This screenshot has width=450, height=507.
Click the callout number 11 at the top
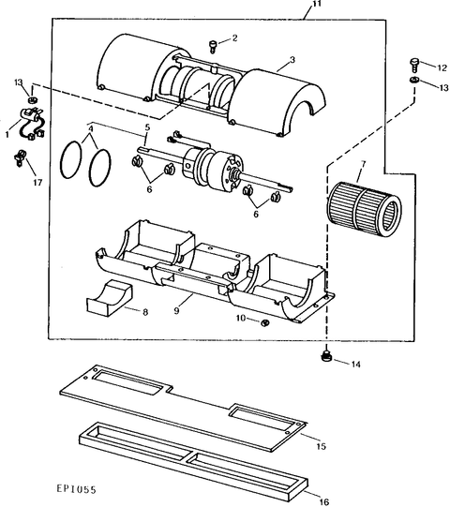[317, 4]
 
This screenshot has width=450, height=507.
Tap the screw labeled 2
[213, 46]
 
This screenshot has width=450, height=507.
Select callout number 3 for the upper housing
[292, 60]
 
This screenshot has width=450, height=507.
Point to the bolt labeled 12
[414, 65]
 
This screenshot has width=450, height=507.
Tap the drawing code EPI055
[76, 489]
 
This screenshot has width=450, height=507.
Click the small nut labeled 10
[265, 322]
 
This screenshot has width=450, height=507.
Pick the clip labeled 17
[20, 157]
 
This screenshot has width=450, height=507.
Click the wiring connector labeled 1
[32, 123]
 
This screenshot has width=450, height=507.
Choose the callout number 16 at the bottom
[323, 501]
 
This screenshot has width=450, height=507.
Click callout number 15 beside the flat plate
[321, 446]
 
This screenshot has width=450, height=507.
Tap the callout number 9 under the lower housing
[176, 310]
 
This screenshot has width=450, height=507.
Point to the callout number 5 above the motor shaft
[147, 127]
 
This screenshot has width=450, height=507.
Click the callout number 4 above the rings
[91, 128]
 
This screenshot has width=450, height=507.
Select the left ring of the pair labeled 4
[71, 159]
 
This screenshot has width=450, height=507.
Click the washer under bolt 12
[413, 80]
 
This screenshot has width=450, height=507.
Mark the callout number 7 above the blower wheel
[364, 164]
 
